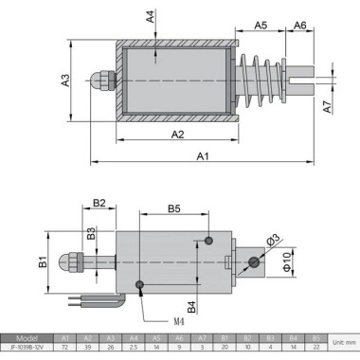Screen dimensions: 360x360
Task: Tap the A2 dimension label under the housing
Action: pos(176,135)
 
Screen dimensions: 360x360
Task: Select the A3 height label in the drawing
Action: pos(65,81)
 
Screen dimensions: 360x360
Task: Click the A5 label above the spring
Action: pos(261,26)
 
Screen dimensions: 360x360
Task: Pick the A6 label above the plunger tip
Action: pos(298,26)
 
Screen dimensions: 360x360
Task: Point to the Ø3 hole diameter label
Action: pos(275,239)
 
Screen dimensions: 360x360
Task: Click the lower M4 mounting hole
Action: pos(140,283)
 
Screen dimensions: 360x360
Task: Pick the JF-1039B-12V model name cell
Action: pos(27,347)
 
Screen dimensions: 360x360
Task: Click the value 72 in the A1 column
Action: pos(65,347)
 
